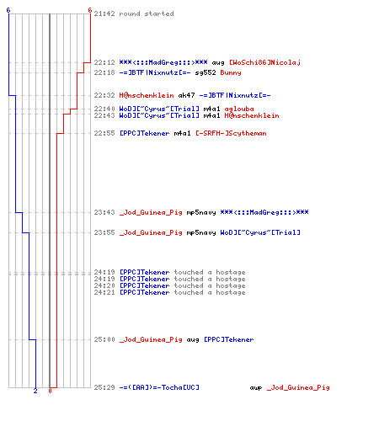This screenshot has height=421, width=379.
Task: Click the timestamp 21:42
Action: tap(104, 13)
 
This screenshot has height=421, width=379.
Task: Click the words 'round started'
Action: tap(147, 13)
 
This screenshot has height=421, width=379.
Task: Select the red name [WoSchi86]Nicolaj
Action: tap(264, 62)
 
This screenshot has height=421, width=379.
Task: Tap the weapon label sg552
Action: tap(206, 72)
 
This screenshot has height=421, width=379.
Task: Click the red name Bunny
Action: tap(231, 72)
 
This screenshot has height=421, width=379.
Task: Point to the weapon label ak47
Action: tap(186, 95)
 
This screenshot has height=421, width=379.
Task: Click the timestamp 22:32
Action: tap(104, 95)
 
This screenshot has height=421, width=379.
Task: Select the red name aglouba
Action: tap(239, 109)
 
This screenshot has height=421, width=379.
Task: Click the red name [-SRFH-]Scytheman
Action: tap(231, 133)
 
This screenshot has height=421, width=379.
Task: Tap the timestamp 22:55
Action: tap(104, 133)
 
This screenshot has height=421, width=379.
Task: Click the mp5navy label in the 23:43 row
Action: tap(201, 212)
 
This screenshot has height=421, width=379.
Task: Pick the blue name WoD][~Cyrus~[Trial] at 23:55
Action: tap(260, 232)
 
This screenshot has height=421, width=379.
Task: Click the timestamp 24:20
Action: tap(104, 285)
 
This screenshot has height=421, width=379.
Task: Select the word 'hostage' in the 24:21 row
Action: tap(231, 292)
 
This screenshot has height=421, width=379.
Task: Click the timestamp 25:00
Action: tap(104, 339)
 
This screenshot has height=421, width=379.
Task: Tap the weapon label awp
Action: tap(256, 388)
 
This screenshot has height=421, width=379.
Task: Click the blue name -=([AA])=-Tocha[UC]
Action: tap(159, 387)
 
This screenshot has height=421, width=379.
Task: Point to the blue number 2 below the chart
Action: tap(35, 391)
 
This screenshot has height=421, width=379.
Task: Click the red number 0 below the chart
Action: tap(50, 391)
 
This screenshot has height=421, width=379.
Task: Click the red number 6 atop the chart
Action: tap(90, 10)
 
